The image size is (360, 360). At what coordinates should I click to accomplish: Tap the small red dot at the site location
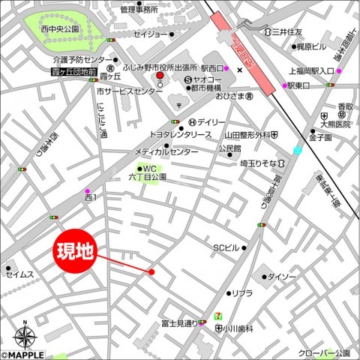[151, 271]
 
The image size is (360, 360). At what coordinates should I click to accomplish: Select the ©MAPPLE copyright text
[22, 355]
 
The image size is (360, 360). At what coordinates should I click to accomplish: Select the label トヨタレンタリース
[181, 134]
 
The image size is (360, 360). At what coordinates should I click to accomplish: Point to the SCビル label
[226, 247]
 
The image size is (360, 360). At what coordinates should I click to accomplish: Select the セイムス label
[20, 274]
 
